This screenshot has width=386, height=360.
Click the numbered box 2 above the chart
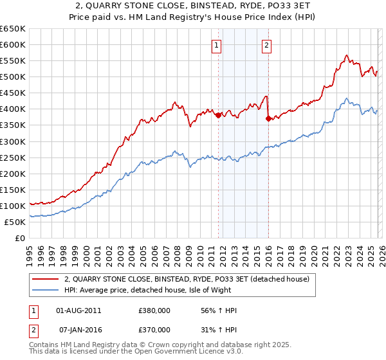pos(266,45)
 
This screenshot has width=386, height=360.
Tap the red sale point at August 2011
pos(218,116)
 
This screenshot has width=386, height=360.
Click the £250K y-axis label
pos(13,157)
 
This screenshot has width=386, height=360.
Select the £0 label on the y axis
pos(19,238)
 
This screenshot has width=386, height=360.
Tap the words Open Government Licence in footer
pos(169,352)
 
